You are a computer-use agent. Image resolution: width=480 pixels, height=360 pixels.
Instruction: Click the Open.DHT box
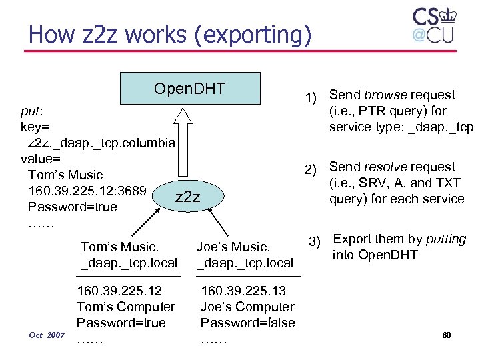190,89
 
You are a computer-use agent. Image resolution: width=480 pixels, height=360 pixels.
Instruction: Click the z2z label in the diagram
187,196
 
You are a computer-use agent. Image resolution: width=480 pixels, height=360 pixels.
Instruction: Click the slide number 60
447,335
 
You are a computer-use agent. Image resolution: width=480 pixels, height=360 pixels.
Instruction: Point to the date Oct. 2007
46,335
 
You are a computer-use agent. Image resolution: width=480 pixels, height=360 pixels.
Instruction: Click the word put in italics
32,111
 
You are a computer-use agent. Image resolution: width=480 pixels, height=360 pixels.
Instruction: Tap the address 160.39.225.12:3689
87,191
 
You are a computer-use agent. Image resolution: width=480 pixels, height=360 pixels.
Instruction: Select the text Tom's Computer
126,307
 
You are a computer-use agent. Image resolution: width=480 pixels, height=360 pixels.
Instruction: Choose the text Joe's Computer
247,307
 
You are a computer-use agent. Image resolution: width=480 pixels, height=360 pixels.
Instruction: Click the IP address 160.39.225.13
243,291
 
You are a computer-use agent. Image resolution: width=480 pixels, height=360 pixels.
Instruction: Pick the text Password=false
248,323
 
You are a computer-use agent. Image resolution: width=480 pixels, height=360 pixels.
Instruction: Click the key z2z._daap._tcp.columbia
102,143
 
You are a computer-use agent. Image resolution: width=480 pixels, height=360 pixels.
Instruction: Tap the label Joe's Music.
233,247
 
